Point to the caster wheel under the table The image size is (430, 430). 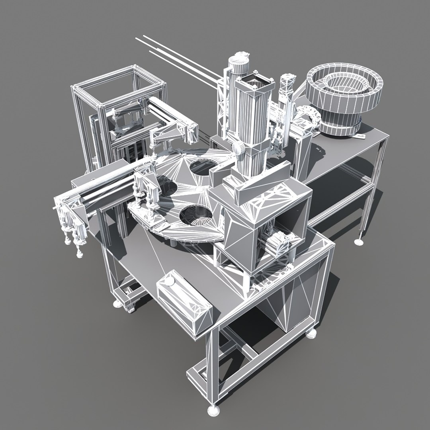point(129,307)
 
